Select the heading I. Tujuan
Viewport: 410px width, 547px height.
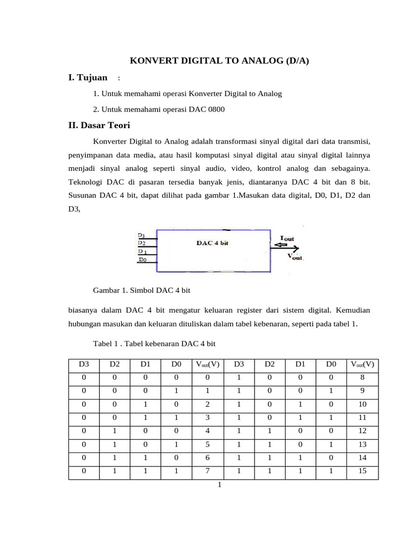tap(88, 78)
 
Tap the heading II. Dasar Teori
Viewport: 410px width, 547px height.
tap(99, 126)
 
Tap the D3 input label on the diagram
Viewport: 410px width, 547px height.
tap(141, 235)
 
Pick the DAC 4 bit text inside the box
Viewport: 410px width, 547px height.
tap(212, 243)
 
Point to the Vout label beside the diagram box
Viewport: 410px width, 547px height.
tap(295, 256)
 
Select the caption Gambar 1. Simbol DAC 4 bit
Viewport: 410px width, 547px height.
tap(141, 290)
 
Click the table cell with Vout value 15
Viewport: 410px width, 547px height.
tap(362, 472)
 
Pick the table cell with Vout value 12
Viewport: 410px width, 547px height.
tap(362, 430)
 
